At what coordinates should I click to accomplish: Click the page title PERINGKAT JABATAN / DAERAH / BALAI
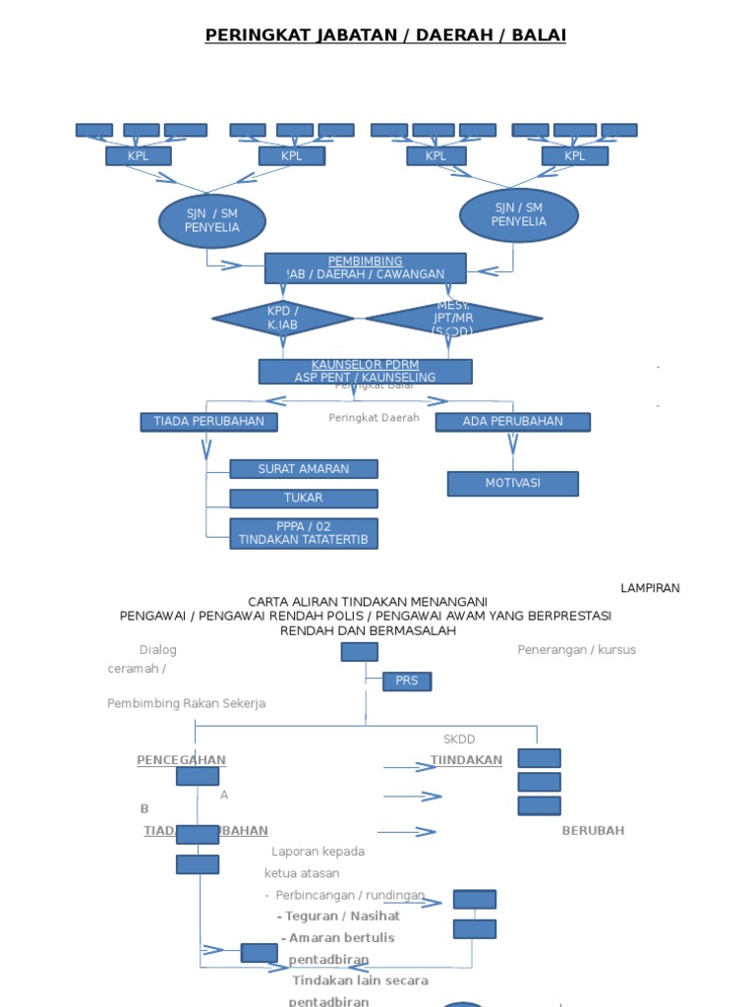(x=385, y=36)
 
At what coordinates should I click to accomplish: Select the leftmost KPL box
(x=139, y=156)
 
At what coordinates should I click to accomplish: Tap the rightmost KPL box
(x=575, y=156)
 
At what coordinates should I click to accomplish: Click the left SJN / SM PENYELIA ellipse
(x=211, y=220)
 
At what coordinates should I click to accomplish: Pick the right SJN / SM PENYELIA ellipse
(x=519, y=214)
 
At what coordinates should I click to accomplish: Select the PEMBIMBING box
(x=365, y=267)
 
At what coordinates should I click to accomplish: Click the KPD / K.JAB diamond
(x=283, y=319)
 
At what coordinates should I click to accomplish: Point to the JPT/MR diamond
(x=453, y=319)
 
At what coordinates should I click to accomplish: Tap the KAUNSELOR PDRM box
(x=365, y=371)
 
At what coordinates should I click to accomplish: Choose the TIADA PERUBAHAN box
(x=208, y=422)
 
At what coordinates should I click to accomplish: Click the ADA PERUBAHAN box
(x=512, y=422)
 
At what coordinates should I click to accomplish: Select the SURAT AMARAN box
(x=304, y=469)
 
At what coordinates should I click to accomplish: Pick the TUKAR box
(x=304, y=499)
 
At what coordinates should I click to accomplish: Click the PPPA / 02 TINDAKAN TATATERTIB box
(x=304, y=533)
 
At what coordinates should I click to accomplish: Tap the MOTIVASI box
(x=512, y=484)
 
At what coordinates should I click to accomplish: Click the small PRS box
(x=407, y=681)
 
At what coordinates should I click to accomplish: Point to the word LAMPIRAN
(x=650, y=588)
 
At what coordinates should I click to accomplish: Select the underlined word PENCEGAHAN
(x=181, y=760)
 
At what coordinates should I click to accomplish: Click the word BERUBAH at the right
(x=593, y=830)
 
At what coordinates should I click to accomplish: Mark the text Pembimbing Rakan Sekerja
(x=187, y=703)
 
